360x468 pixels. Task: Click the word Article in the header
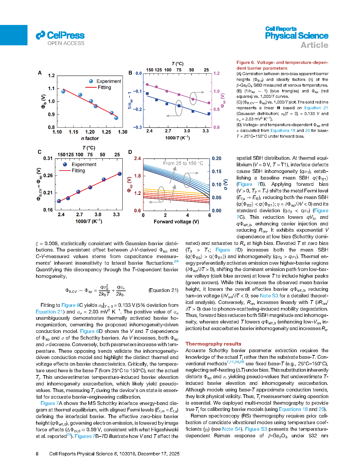click(314, 45)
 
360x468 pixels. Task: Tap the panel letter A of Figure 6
click(40, 73)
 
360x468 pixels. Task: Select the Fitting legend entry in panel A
click(104, 87)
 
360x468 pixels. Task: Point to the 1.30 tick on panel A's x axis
click(123, 132)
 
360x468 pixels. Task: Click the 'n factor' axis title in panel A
click(90, 139)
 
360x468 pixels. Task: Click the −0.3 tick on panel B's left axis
click(138, 127)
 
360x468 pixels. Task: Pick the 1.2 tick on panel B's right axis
click(217, 73)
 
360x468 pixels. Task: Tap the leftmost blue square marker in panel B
click(147, 93)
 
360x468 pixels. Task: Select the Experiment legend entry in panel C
click(84, 165)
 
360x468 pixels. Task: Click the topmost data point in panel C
click(120, 174)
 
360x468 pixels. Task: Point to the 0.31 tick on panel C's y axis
click(48, 159)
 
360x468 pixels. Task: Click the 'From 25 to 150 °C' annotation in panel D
click(183, 163)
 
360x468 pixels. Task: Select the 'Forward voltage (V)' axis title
click(176, 222)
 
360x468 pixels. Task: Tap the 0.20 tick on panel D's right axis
click(217, 159)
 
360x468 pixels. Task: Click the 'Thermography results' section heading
click(213, 344)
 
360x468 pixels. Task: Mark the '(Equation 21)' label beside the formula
click(163, 290)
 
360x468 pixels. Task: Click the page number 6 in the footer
click(37, 454)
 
